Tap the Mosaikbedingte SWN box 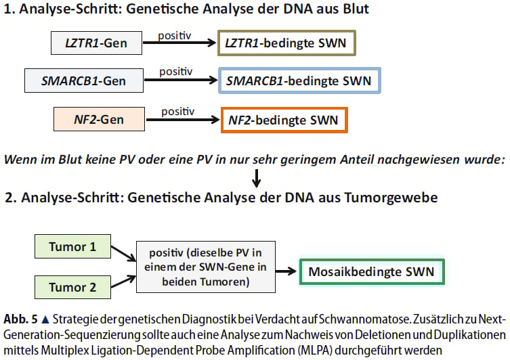tap(372, 273)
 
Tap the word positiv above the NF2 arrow tap(177, 110)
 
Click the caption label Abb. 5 tap(20, 319)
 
